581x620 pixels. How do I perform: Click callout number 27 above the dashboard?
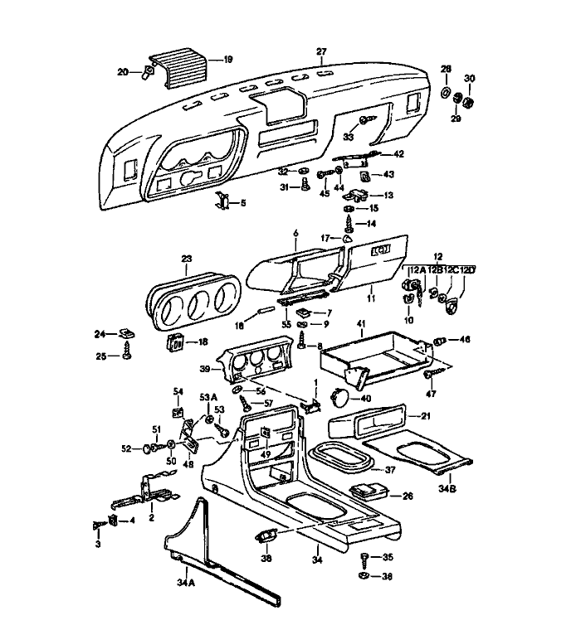tap(321, 51)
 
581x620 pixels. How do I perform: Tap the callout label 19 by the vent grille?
tap(227, 60)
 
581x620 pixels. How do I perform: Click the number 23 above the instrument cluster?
tap(186, 259)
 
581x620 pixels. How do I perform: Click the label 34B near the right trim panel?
tap(447, 490)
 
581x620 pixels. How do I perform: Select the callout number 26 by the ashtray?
tap(408, 496)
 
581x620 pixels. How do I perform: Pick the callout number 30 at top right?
tap(469, 79)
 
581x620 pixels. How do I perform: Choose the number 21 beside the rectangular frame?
tap(427, 416)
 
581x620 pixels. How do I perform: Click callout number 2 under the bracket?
tap(151, 518)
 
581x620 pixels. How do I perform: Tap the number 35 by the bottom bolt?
tap(388, 558)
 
